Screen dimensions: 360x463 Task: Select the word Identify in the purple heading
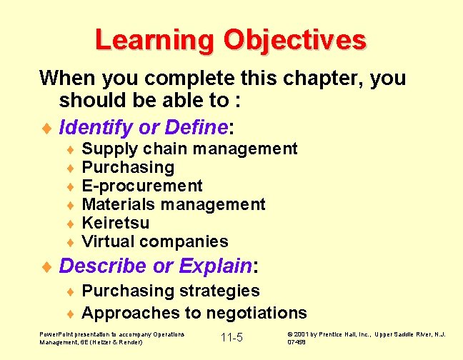96,128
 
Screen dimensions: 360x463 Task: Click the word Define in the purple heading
196,128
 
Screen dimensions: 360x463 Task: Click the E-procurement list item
142,186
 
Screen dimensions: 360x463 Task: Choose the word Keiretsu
116,223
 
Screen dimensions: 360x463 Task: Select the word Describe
104,266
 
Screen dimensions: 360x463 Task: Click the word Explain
215,266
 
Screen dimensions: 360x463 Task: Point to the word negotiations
257,313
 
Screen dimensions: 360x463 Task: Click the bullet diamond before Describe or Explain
48,268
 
